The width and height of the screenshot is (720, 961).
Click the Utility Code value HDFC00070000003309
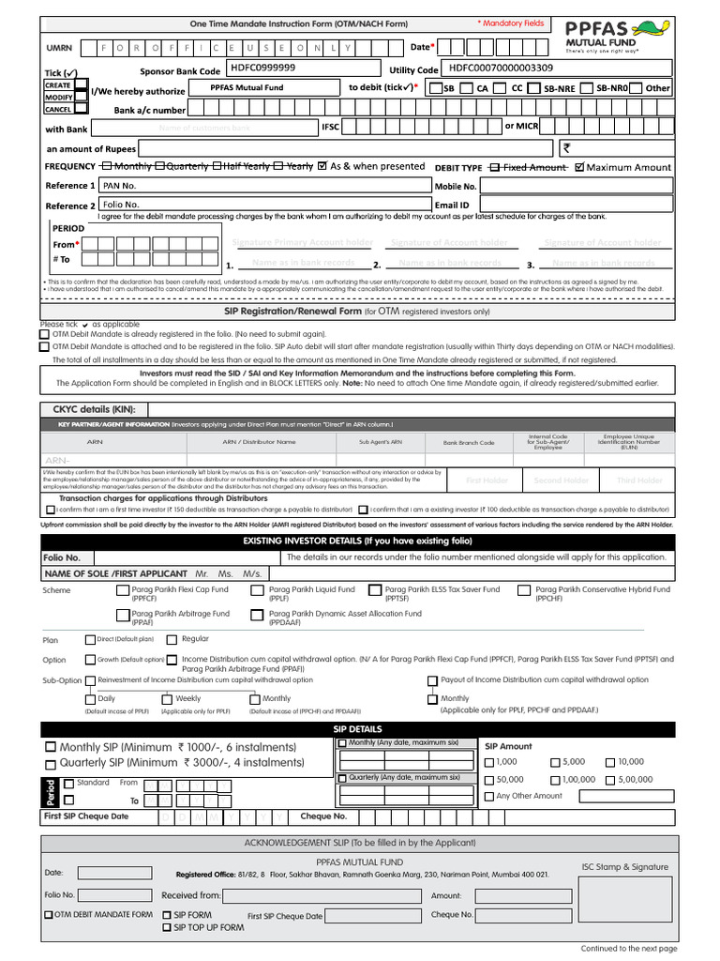tap(502, 69)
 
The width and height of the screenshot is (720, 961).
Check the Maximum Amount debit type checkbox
tap(578, 167)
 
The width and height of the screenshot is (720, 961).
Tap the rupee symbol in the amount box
tap(566, 147)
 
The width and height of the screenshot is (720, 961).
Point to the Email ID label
tap(452, 205)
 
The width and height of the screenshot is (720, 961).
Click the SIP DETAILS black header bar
tap(358, 729)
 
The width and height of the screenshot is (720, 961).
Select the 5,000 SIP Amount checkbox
tap(555, 762)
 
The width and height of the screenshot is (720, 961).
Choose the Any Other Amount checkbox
tap(489, 797)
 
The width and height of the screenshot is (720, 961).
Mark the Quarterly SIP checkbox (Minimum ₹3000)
tap(51, 763)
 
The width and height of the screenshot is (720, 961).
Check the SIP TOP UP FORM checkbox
tap(167, 928)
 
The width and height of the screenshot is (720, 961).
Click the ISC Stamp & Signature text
tap(625, 867)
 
